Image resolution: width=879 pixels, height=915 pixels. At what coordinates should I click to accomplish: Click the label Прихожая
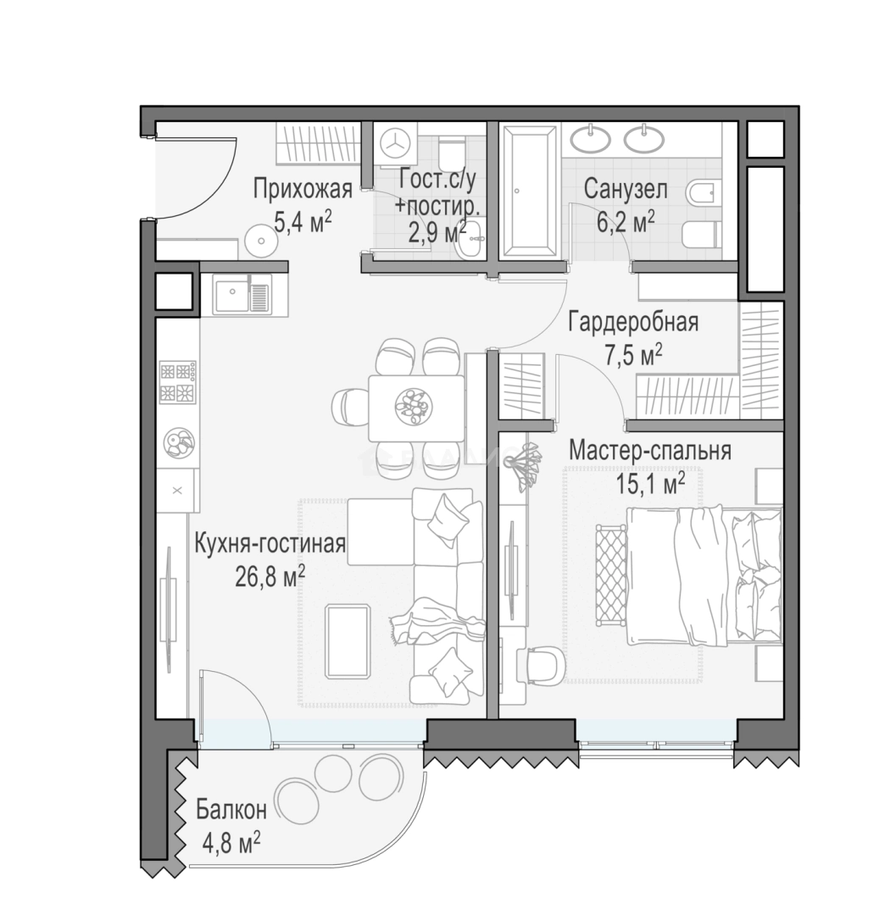(303, 190)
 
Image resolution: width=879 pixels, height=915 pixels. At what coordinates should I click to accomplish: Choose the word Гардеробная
(633, 322)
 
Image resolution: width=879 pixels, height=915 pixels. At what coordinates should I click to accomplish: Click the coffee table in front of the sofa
(348, 641)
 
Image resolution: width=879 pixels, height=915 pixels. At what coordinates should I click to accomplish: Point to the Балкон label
(231, 809)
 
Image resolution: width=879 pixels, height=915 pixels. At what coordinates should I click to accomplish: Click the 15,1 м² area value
(650, 484)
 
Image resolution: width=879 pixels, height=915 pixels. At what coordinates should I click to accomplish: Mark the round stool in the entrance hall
(261, 241)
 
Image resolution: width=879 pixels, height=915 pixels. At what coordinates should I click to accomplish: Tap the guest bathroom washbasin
(471, 239)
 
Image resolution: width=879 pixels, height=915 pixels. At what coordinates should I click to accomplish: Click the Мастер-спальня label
(649, 451)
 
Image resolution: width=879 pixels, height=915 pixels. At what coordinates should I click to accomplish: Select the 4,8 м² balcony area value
(231, 843)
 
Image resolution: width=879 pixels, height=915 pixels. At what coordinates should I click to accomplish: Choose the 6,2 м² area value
(625, 222)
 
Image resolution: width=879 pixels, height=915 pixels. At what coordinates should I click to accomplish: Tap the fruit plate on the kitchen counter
(179, 443)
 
